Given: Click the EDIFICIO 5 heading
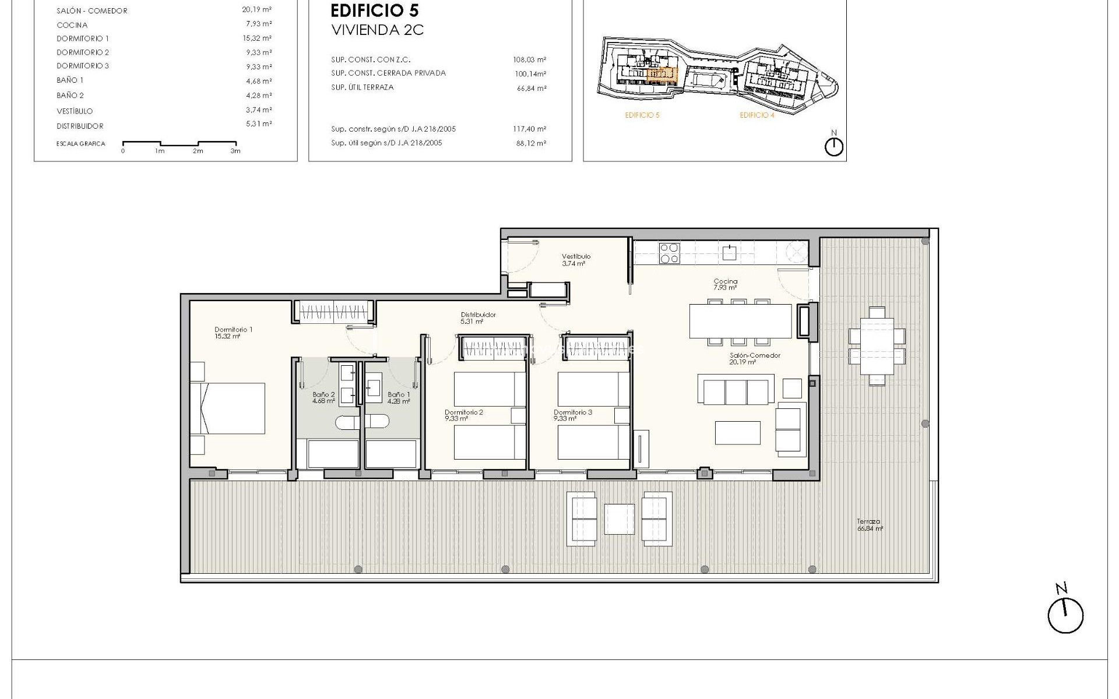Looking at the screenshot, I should pyautogui.click(x=374, y=10).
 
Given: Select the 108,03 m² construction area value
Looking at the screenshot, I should pyautogui.click(x=529, y=59).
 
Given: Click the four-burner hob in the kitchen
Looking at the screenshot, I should pyautogui.click(x=668, y=253).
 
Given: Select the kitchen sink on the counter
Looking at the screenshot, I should pyautogui.click(x=729, y=253).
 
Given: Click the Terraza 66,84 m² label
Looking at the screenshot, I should pyautogui.click(x=869, y=525).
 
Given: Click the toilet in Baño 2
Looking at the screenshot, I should pyautogui.click(x=347, y=422).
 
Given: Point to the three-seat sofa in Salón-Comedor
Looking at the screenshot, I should pyautogui.click(x=736, y=391).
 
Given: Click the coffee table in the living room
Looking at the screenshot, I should pyautogui.click(x=738, y=433).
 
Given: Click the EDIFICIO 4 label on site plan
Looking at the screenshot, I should pyautogui.click(x=757, y=115).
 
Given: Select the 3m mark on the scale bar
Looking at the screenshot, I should pyautogui.click(x=235, y=151).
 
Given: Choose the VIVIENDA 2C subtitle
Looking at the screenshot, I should pyautogui.click(x=377, y=30).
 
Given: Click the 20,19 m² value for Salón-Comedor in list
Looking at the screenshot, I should pyautogui.click(x=256, y=10).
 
